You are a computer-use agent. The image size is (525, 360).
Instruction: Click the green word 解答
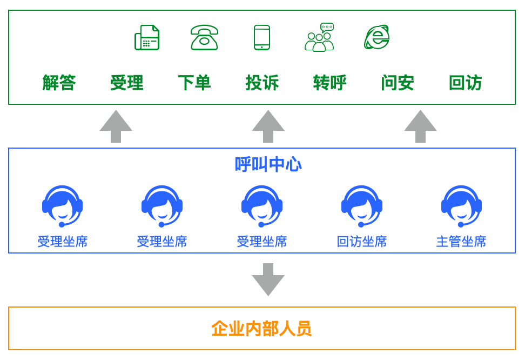pos(59,83)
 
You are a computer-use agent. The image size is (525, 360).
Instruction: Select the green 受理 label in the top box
pos(126,83)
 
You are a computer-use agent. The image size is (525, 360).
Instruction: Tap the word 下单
pos(194,83)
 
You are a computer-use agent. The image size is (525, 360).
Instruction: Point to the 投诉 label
pos(262,83)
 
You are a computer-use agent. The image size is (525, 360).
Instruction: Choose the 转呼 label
pos(329,83)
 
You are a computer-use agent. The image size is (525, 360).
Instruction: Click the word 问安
pos(397,83)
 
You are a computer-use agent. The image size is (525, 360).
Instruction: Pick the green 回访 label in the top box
pos(465,83)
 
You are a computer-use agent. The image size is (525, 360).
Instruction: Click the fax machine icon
pos(147,38)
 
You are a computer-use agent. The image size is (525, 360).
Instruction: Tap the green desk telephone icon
pos(204,38)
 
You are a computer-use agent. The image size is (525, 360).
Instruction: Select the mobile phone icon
pos(262,38)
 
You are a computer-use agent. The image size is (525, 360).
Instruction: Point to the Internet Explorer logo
pos(377,37)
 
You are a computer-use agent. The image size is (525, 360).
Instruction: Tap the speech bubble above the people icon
pos(327,27)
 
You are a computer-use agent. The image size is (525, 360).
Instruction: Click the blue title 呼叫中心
pos(268,164)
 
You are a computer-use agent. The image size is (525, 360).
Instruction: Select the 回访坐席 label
pos(361,241)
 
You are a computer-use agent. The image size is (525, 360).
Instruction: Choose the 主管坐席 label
pos(461,241)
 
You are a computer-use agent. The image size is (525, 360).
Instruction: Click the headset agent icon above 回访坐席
pos(361,206)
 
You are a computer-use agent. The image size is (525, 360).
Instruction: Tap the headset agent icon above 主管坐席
pos(461,206)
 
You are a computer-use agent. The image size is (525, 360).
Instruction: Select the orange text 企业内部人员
pos(261,329)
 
